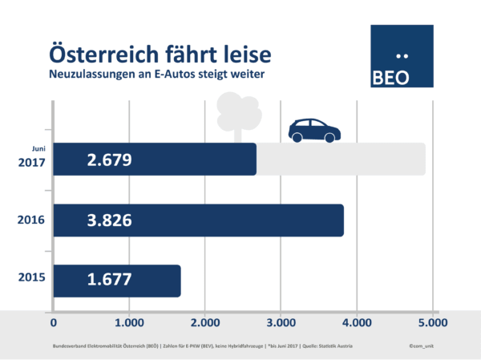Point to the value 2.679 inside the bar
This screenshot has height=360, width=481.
pyautogui.click(x=109, y=160)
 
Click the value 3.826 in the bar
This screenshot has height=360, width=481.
pyautogui.click(x=109, y=220)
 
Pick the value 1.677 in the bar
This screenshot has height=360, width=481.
pyautogui.click(x=109, y=280)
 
